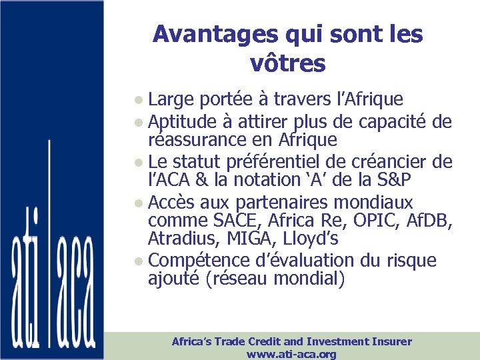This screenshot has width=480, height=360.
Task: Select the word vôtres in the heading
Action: [x=287, y=63]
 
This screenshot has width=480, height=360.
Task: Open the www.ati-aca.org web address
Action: [x=291, y=354]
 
